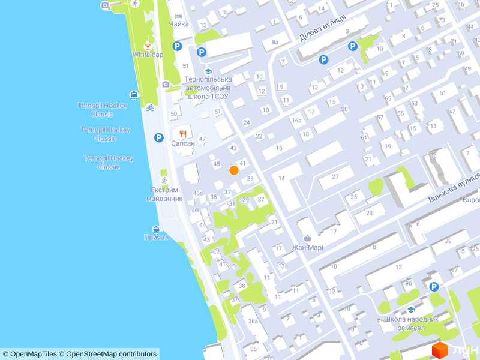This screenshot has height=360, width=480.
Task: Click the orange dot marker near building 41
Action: coord(234,170)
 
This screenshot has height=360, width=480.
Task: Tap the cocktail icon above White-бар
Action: coord(148,45)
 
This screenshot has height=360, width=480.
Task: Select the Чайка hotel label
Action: coord(179,24)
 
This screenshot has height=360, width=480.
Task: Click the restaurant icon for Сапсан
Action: coord(183,133)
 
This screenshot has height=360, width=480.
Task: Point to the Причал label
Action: coord(157,238)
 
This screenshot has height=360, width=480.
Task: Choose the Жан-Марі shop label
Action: coord(307,247)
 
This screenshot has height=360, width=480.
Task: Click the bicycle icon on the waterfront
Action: coord(149,107)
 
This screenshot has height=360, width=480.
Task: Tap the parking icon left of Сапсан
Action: coord(159,137)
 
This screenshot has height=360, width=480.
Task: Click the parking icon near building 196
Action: coord(434,287)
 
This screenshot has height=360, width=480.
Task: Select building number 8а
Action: coord(275,42)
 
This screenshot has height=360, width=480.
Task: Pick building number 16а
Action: coord(297,121)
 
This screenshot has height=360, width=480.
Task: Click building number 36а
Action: coord(253,321)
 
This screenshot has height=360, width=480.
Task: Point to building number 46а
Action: coord(198,193)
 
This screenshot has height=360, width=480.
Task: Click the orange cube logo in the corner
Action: coord(441,350)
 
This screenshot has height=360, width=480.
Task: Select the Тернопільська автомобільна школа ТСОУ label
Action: coord(208,88)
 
